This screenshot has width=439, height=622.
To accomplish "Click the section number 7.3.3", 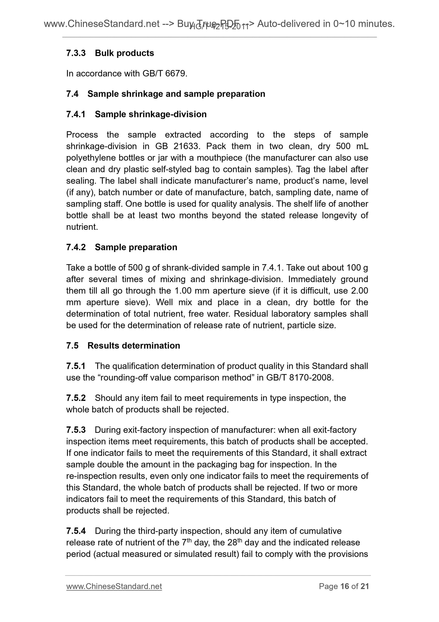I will [76, 53].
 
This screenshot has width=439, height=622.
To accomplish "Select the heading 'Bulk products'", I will [124, 53].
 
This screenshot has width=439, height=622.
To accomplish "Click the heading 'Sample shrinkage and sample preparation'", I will [176, 94].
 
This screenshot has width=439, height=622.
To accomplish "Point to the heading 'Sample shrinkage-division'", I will [151, 114].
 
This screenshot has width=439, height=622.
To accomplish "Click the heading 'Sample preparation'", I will [136, 247].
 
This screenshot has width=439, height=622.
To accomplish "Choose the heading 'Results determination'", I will [134, 346].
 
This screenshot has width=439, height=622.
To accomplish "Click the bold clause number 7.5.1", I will [76, 366].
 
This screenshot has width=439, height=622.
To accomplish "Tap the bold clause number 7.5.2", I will [76, 398].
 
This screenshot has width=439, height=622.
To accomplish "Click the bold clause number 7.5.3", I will [76, 430].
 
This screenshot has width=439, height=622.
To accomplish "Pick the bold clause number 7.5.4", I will [76, 531].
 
